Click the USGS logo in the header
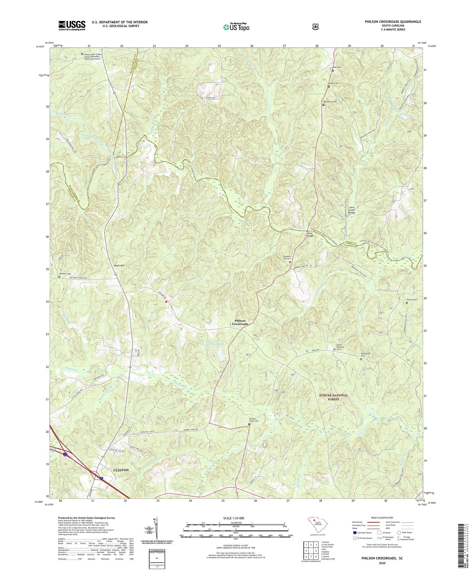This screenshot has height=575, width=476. tap(72, 25)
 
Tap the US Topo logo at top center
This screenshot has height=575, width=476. tap(236, 27)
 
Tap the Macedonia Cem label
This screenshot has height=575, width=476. tap(330, 102)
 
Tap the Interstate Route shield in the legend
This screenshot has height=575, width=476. tap(355, 533)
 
